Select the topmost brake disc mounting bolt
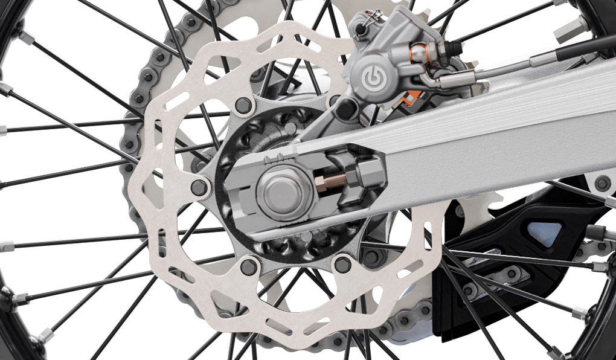coord(243,105)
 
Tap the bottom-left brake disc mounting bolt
coord(248,266)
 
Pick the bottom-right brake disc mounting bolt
coord(342,264)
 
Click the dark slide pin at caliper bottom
coord(347,109)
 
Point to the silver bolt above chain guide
coord(602,183)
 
